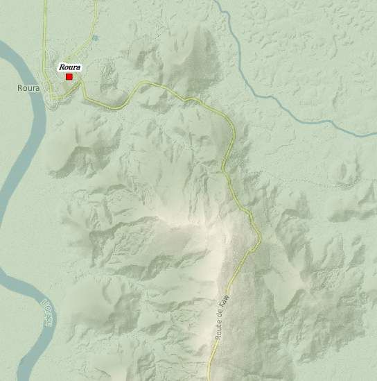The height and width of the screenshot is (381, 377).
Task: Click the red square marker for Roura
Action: point(69,76)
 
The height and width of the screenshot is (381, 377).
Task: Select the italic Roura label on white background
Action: point(70,67)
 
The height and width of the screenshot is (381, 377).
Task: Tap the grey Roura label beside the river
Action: point(28,88)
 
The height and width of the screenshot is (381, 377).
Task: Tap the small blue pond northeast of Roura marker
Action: point(95,37)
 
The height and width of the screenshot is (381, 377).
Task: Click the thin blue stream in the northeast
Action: point(277,97)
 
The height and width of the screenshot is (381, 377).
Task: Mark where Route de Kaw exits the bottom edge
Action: point(209,379)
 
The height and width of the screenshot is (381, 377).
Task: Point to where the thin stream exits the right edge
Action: point(375,134)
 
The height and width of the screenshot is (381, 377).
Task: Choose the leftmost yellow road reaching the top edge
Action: point(46,2)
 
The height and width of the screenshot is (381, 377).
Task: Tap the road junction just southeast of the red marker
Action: point(80,86)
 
